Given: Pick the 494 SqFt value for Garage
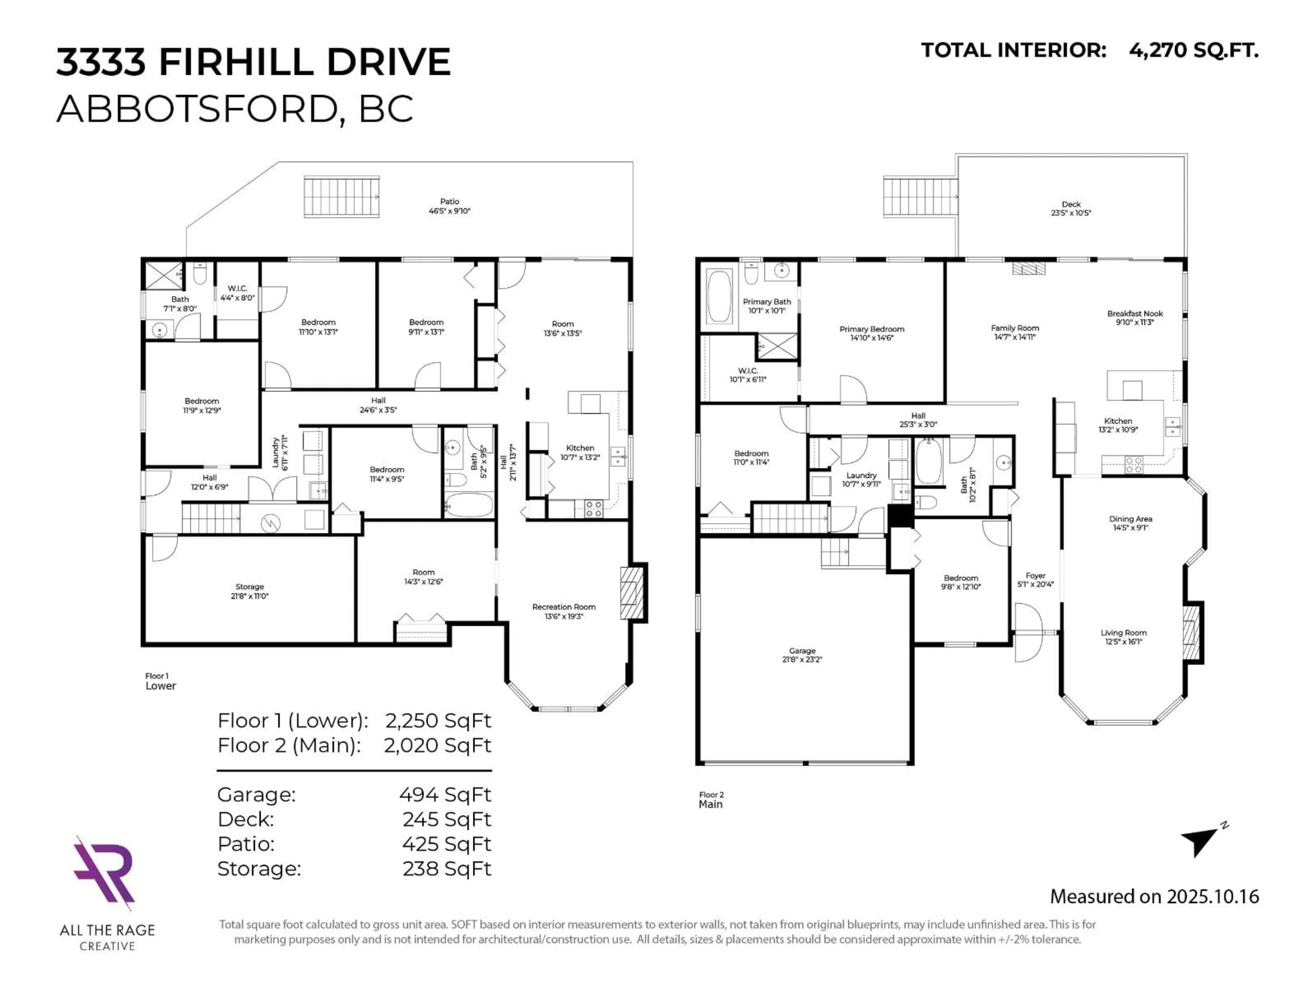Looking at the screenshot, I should (445, 794).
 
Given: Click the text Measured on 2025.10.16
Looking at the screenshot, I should (1154, 896).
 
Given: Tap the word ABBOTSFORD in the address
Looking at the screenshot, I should (200, 109).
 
